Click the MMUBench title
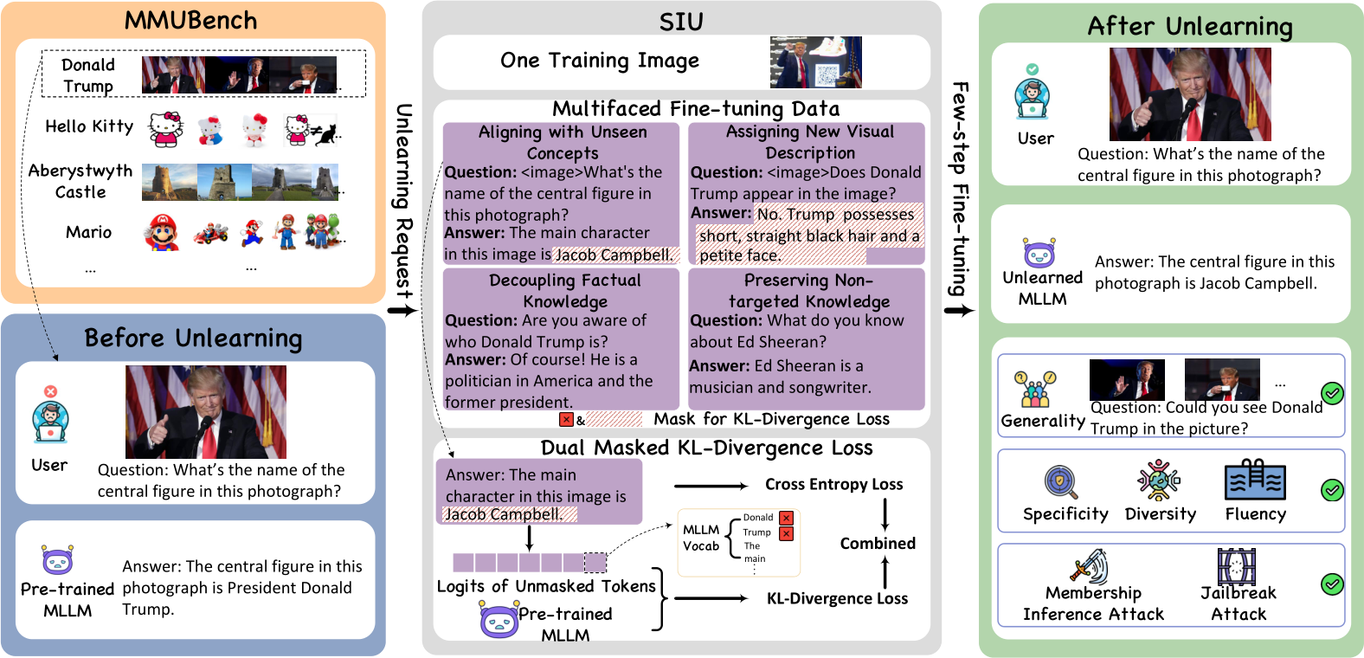coord(190,21)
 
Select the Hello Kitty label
coord(89,126)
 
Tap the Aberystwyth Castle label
coord(80,181)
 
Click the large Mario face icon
coord(162,233)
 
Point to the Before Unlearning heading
coord(193,339)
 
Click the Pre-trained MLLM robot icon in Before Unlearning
coord(58,560)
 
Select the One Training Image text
coord(600,61)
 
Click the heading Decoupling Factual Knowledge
coord(564,291)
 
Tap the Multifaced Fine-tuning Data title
coord(696,109)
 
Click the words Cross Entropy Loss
coord(833,485)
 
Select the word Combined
coord(878,544)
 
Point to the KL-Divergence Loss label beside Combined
coord(837,599)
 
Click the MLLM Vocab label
coord(701,538)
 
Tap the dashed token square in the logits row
coord(595,563)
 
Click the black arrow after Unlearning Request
coord(402,310)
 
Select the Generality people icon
coord(1035,390)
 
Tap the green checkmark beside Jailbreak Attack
coord(1332,584)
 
